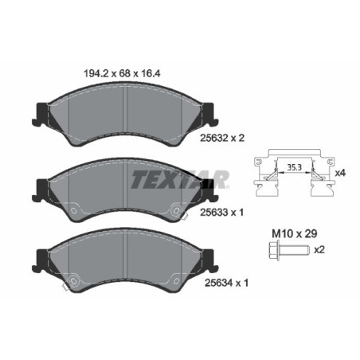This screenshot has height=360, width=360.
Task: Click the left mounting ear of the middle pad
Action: (40, 188)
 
